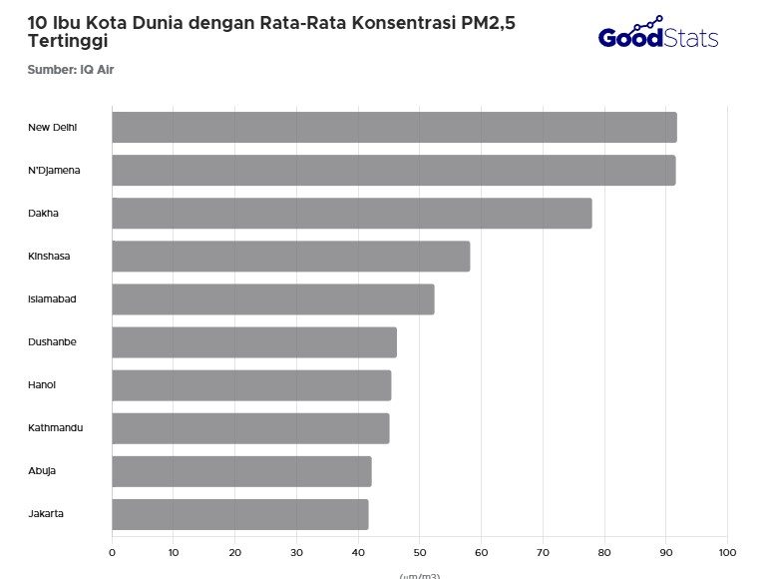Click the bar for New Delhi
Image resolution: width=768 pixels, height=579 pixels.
click(394, 128)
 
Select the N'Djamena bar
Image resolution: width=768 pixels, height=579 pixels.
click(393, 171)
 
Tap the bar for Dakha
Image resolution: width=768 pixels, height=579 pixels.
click(351, 214)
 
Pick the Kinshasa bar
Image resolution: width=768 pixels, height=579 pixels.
click(290, 257)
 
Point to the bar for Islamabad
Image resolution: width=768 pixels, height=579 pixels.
click(272, 299)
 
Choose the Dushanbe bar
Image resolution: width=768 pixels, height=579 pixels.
click(253, 342)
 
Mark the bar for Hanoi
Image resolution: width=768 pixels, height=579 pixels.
click(251, 385)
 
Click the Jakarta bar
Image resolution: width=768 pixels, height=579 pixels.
click(239, 514)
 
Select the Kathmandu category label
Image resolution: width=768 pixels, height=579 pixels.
click(56, 427)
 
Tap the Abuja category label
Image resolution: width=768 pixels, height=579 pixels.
click(42, 470)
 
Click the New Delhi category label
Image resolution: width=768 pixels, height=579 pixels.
click(53, 127)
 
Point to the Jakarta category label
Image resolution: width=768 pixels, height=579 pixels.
click(46, 513)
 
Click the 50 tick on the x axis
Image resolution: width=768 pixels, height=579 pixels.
click(420, 551)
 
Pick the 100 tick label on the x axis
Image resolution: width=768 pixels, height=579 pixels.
click(727, 551)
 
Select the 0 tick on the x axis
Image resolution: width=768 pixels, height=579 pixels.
click(112, 551)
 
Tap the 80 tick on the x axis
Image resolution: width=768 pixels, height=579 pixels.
click(604, 551)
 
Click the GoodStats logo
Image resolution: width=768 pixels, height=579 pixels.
click(657, 35)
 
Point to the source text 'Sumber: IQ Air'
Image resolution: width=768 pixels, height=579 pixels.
click(64, 69)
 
